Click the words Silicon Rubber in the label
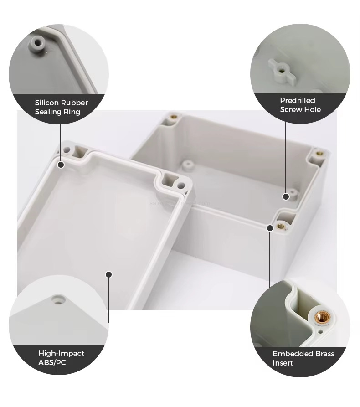(x=62, y=103)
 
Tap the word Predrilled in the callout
(x=298, y=100)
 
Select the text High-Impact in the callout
(x=61, y=353)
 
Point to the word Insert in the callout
(x=283, y=363)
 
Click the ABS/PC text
(x=52, y=363)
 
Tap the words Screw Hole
(x=300, y=109)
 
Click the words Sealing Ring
(x=57, y=112)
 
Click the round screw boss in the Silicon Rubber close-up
(x=38, y=43)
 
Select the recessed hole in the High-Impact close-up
(x=58, y=299)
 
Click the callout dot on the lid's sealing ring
(x=61, y=165)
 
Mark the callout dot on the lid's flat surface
(x=109, y=275)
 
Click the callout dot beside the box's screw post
(x=286, y=197)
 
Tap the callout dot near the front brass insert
(x=270, y=228)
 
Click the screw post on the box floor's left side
(x=187, y=165)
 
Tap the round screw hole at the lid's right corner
(x=181, y=185)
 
